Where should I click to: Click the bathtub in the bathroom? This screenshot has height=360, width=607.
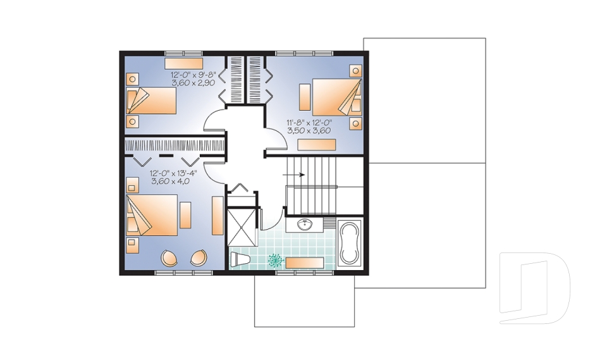[x=350, y=243]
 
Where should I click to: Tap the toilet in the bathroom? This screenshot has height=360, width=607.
[x=240, y=259]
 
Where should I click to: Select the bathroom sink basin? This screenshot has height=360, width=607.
[x=305, y=225]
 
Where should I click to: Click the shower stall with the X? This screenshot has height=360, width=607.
[x=242, y=228]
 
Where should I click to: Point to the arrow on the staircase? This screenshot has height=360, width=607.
[x=294, y=175]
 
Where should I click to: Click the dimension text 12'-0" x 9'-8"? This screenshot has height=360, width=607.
[x=193, y=75]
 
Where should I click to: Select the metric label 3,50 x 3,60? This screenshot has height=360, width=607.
[x=309, y=130]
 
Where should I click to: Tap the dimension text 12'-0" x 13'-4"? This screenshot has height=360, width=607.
[x=173, y=173]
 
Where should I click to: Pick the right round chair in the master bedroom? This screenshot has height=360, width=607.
[x=199, y=258]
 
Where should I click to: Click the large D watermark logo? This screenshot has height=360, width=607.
[x=534, y=288]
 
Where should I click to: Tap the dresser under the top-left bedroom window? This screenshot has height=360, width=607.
[x=183, y=63]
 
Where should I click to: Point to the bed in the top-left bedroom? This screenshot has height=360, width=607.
[x=151, y=101]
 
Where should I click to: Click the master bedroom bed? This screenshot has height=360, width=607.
[x=152, y=215]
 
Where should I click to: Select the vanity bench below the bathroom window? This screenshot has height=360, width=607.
[x=305, y=263]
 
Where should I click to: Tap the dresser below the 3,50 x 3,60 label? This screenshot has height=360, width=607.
[x=316, y=144]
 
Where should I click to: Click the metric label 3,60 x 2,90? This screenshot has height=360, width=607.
[x=193, y=82]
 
